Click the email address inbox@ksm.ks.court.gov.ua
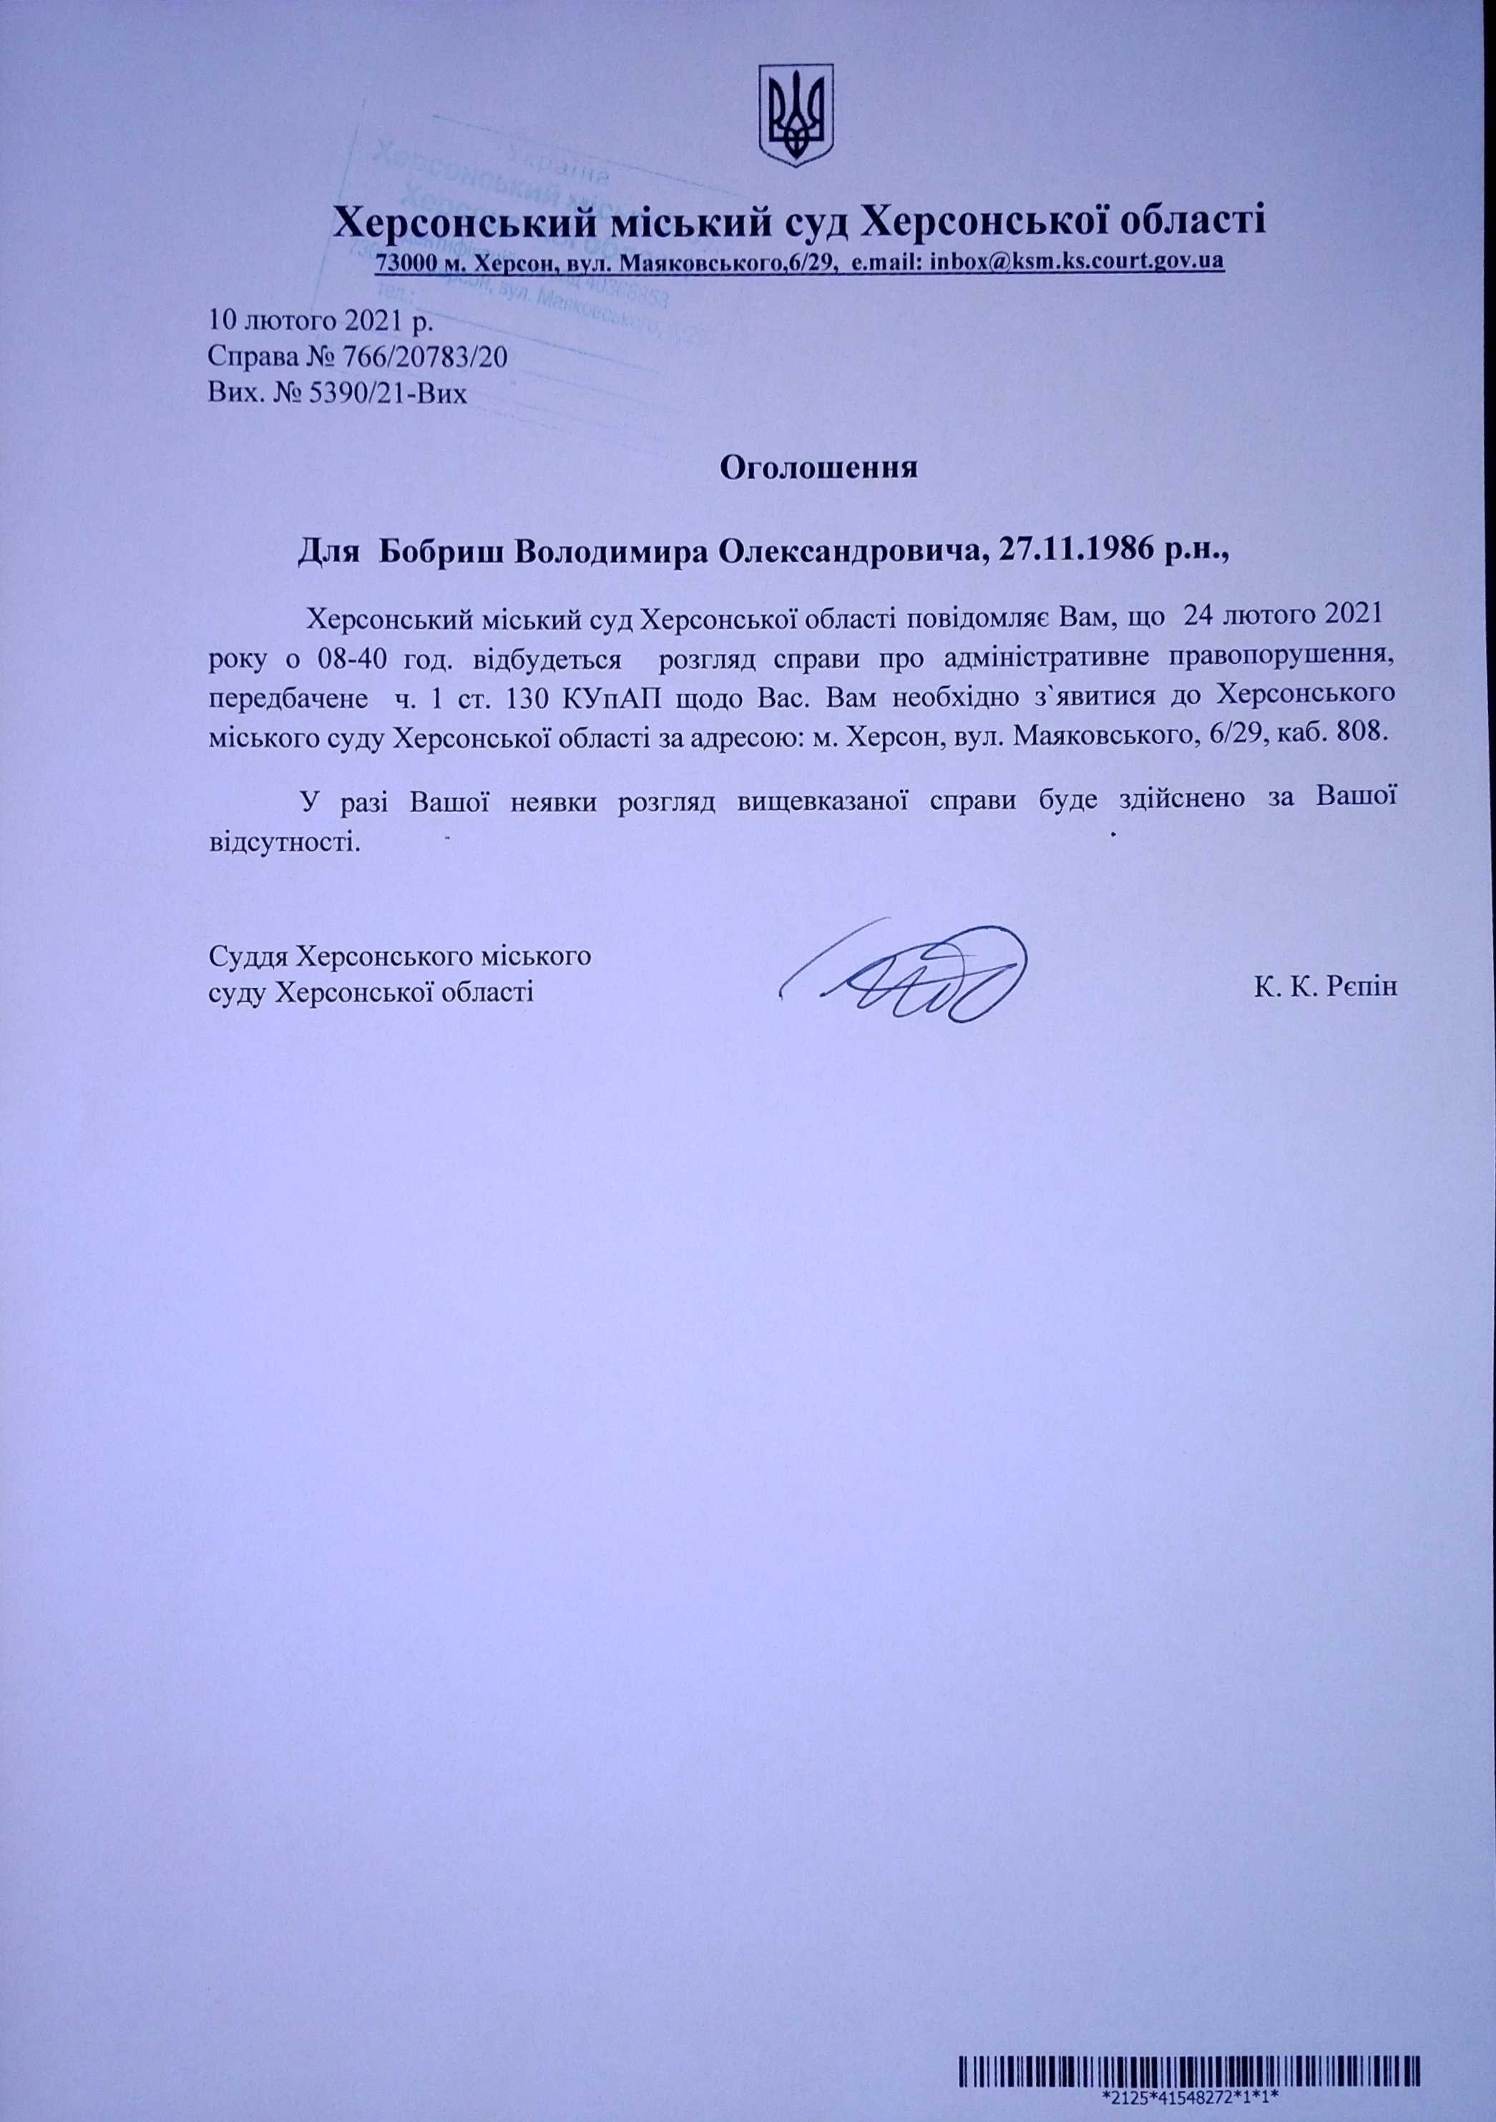point(1077,262)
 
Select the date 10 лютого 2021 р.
point(320,322)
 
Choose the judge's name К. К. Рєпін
point(1326,987)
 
